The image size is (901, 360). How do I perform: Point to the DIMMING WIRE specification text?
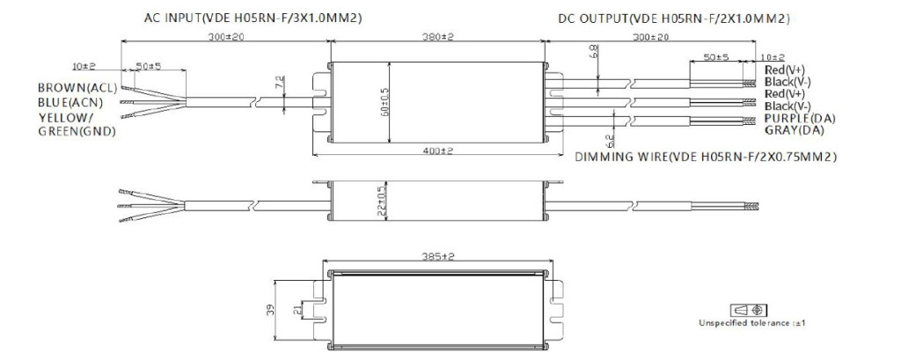705,157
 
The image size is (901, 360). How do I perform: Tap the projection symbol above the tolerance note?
742,310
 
